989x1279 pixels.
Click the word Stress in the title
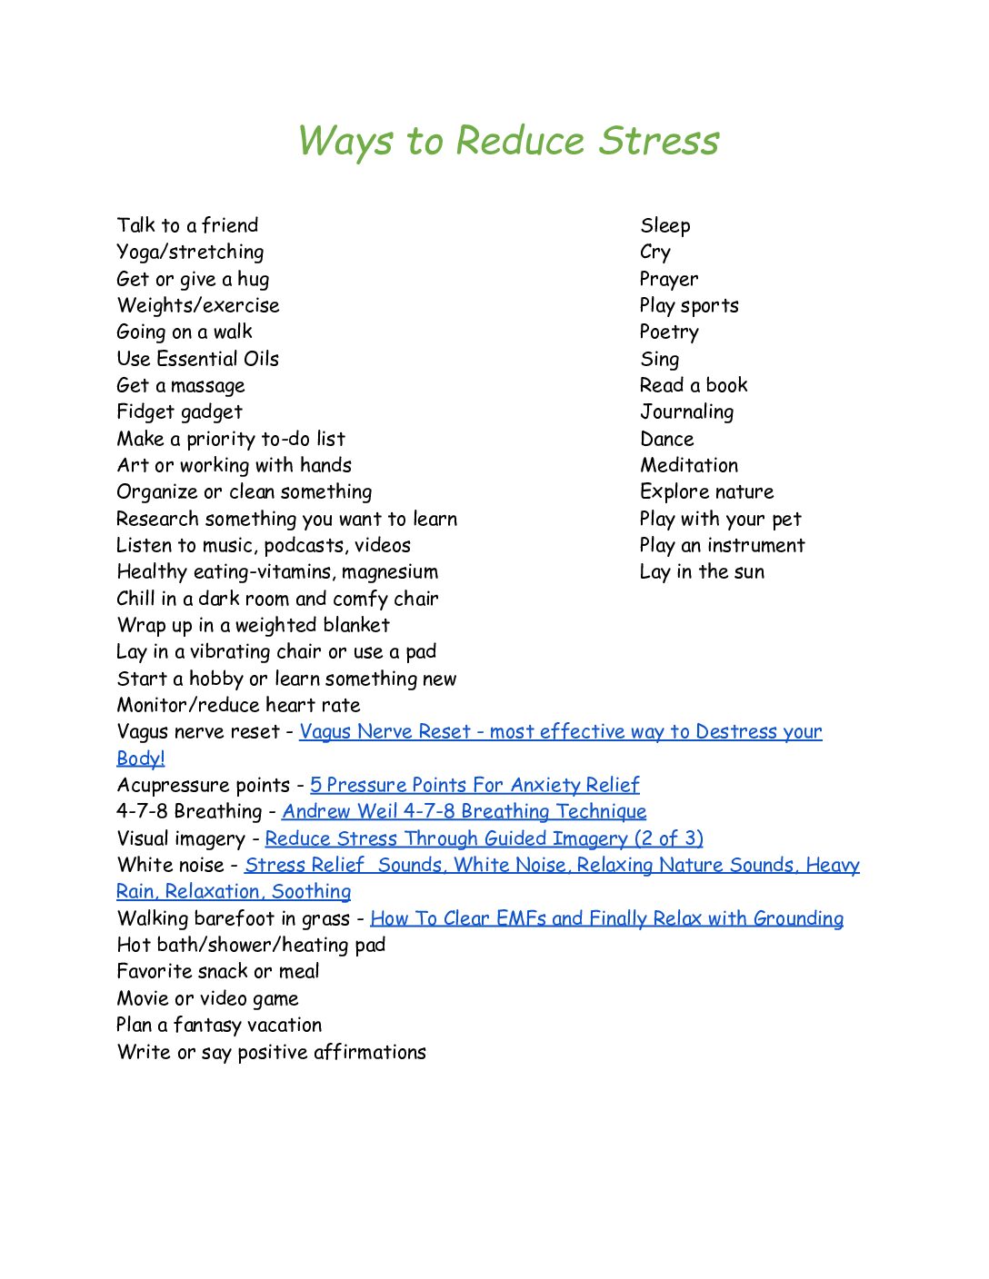659,141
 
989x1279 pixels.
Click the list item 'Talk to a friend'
187,225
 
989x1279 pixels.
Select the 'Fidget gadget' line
179,412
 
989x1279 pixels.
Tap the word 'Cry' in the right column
654,253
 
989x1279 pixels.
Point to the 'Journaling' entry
686,412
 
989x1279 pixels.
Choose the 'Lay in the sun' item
702,572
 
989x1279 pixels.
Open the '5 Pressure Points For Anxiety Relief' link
475,785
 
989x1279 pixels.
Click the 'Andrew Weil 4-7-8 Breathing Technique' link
464,811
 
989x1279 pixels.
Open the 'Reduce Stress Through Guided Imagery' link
484,838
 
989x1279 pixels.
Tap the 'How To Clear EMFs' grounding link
606,918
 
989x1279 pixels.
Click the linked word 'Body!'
140,758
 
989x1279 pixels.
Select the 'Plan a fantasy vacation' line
219,1025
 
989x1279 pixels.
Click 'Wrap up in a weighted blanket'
253,625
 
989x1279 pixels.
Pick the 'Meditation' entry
689,465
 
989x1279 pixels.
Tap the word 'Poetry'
669,332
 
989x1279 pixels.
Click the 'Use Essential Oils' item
197,359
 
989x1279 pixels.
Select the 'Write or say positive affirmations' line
271,1052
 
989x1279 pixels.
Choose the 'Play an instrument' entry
722,546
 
